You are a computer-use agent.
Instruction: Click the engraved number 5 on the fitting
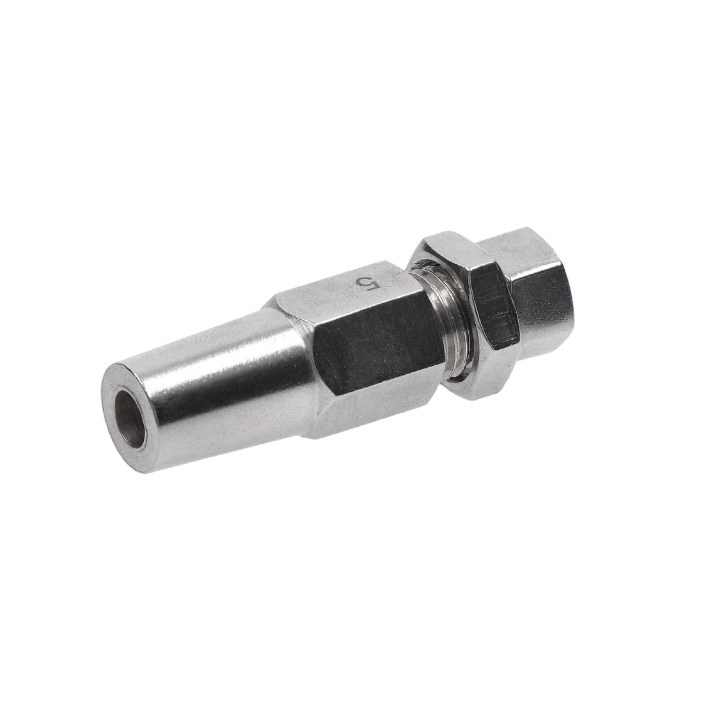coord(367,283)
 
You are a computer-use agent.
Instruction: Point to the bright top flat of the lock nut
coord(448,246)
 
